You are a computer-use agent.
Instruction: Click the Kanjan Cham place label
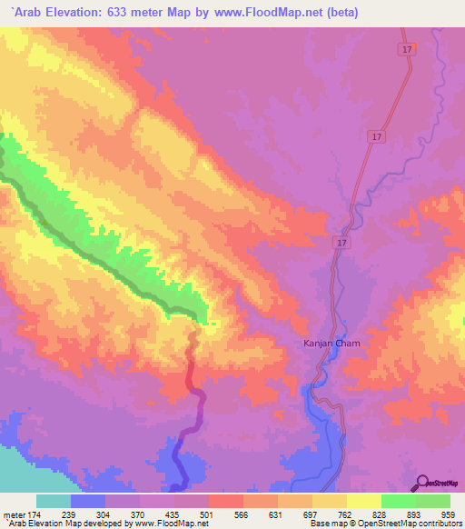pyautogui.click(x=331, y=343)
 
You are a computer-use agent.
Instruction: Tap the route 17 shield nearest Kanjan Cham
pyautogui.click(x=341, y=243)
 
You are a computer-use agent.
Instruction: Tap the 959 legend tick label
pyautogui.click(x=450, y=514)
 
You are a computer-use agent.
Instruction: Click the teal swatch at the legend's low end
pyautogui.click(x=54, y=501)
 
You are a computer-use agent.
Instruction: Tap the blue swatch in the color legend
pyautogui.click(x=88, y=501)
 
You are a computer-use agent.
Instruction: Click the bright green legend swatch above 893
pyautogui.click(x=398, y=501)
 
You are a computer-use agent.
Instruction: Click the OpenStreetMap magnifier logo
pyautogui.click(x=423, y=482)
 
